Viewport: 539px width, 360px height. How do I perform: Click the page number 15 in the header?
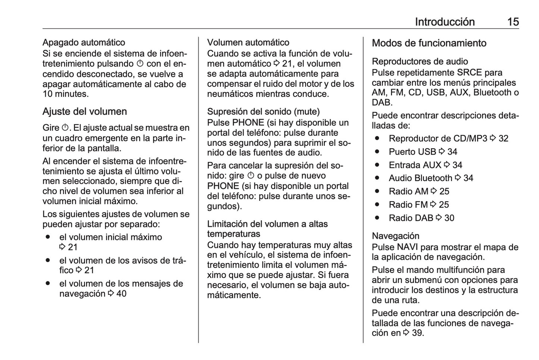click(x=513, y=22)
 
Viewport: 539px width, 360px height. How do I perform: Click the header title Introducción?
click(x=445, y=22)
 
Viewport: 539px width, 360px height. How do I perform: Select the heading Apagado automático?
click(x=84, y=42)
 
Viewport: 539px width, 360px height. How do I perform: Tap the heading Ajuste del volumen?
click(x=85, y=111)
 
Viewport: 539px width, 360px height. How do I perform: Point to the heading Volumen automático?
click(x=248, y=42)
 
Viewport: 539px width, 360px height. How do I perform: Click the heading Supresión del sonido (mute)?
click(x=263, y=111)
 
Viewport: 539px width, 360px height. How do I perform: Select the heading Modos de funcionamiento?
click(x=429, y=43)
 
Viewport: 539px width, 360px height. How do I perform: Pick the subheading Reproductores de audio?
click(x=420, y=61)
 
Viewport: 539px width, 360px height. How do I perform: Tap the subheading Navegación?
click(x=395, y=236)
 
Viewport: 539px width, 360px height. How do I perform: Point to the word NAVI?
click(x=407, y=247)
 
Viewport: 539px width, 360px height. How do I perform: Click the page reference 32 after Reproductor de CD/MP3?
click(x=503, y=139)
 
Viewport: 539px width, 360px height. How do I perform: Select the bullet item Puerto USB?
click(x=412, y=152)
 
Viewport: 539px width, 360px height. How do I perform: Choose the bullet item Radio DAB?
click(x=411, y=218)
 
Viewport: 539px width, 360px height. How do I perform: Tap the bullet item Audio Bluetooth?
click(x=420, y=178)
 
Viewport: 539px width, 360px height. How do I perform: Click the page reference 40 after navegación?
click(x=121, y=294)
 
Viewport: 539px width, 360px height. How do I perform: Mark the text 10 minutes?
click(x=66, y=94)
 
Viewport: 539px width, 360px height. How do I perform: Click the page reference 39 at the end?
click(x=417, y=333)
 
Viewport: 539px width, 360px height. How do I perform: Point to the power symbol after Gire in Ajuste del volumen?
click(x=65, y=128)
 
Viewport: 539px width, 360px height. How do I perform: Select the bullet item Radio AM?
click(x=408, y=192)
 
